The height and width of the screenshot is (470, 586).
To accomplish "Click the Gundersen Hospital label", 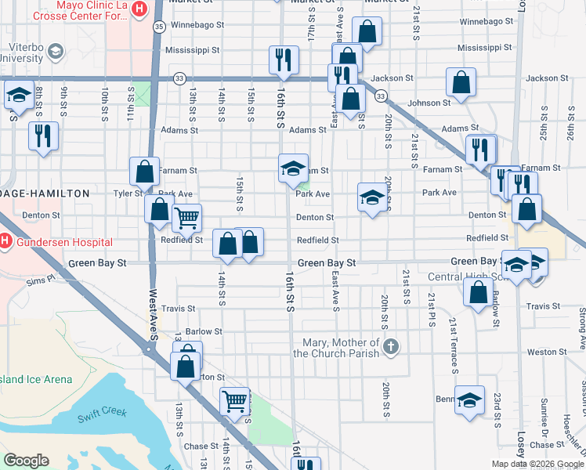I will (x=62, y=243).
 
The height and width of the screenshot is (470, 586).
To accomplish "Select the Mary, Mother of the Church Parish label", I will (x=337, y=348).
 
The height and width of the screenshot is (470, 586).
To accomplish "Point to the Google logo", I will (x=26, y=461).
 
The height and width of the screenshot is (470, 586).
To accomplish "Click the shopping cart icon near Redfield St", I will (x=186, y=219).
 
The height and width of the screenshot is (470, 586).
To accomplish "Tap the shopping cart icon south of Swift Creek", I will (x=234, y=402).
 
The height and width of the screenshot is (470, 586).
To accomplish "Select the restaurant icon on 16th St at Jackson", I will (x=283, y=60).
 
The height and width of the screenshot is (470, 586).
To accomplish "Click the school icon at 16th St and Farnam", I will (x=294, y=168).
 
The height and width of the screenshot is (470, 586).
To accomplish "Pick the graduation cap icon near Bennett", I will (x=468, y=400).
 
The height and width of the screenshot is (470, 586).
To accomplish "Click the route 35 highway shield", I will (x=158, y=26).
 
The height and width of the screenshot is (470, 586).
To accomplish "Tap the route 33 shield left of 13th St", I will (x=180, y=78).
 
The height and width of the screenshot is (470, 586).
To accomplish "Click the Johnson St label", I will (x=429, y=102).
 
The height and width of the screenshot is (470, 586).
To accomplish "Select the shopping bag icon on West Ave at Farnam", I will (x=145, y=170).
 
